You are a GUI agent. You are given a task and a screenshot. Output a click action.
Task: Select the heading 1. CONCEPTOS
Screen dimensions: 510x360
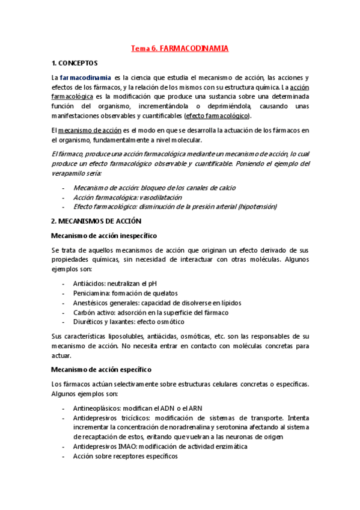[x=75, y=63]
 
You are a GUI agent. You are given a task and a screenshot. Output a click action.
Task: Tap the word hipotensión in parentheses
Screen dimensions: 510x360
[x=257, y=206]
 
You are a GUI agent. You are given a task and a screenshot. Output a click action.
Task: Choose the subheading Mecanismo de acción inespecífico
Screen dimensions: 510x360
[x=105, y=235]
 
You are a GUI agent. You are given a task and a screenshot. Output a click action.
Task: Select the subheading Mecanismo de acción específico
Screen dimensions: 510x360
[x=101, y=369]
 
